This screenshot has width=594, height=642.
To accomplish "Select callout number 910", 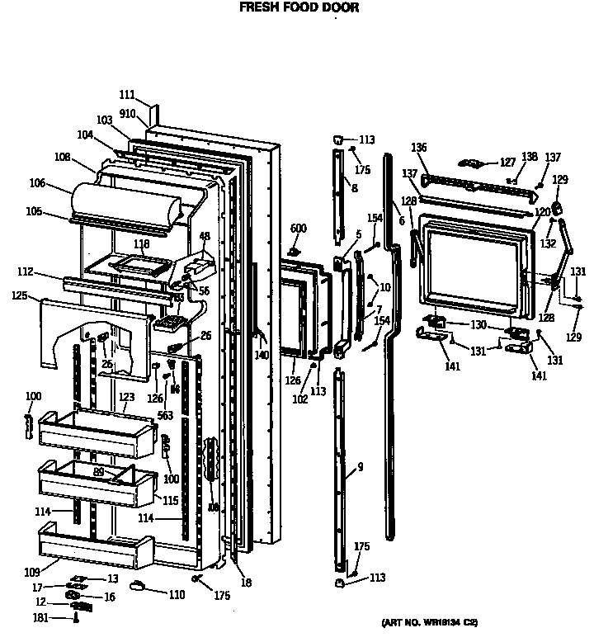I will click(x=128, y=113).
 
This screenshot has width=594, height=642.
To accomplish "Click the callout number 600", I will click(x=298, y=229).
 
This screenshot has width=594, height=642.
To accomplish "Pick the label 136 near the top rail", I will click(x=419, y=148).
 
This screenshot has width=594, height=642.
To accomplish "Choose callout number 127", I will click(x=507, y=163).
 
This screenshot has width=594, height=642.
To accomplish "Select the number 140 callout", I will click(x=262, y=356).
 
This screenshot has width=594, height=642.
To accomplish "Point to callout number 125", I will click(x=20, y=295).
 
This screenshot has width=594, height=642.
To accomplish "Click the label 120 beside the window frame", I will click(x=541, y=212).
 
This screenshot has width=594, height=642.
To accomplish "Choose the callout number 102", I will click(x=300, y=399).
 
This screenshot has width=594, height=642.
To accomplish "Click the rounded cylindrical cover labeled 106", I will click(x=124, y=203).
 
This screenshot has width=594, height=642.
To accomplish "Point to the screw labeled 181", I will click(x=77, y=618).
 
